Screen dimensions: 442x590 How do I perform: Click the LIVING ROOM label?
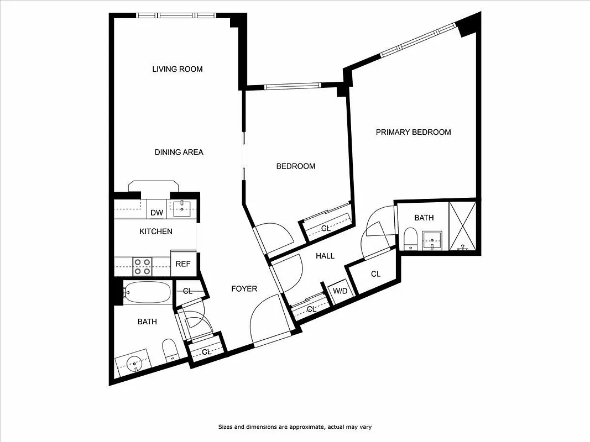(177, 69)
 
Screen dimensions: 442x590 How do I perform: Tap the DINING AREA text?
(179, 152)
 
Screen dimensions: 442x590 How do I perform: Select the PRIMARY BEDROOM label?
(413, 132)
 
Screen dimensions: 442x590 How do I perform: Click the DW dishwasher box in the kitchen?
(156, 213)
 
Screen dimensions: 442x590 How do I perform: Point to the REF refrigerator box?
(183, 264)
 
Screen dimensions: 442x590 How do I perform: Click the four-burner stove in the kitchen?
(143, 266)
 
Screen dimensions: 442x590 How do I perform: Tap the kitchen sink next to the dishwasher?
(182, 209)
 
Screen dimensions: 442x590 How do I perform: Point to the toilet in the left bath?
(170, 350)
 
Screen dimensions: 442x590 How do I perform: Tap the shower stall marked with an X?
(462, 225)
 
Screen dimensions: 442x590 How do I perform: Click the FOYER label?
(244, 289)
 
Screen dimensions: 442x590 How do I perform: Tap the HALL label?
(325, 256)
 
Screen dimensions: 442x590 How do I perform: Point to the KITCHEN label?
(155, 231)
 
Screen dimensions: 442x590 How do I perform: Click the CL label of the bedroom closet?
(326, 228)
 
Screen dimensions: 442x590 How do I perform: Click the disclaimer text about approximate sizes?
(297, 427)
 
